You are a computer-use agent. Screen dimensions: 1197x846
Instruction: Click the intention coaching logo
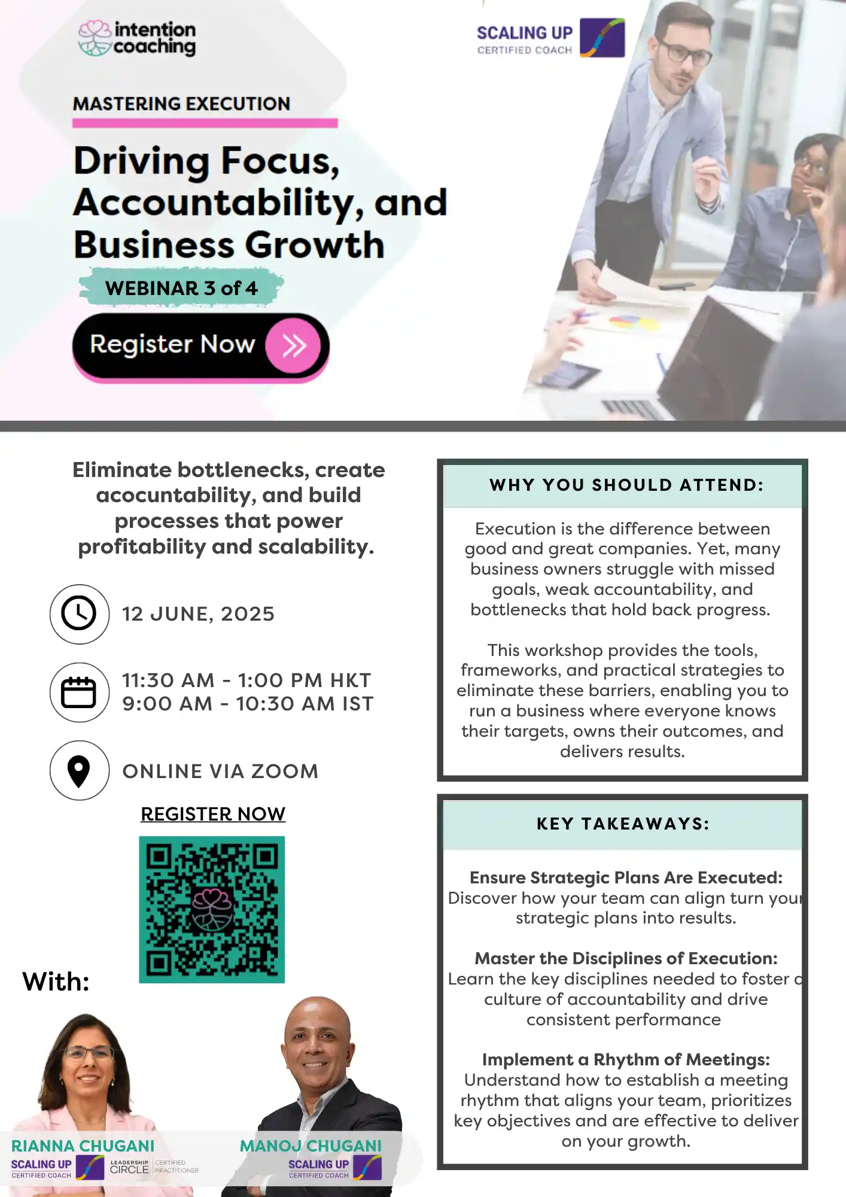137,39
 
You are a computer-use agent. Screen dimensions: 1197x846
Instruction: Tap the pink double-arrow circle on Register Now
293,345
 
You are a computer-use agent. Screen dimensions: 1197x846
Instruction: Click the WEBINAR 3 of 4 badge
181,288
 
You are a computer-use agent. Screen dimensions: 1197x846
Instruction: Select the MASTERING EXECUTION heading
181,104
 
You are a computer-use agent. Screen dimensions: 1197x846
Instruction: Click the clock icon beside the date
79,614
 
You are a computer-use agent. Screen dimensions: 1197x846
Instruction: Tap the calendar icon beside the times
79,692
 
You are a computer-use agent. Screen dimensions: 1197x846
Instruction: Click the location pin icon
79,771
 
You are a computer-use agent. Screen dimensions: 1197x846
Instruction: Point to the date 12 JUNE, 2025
198,614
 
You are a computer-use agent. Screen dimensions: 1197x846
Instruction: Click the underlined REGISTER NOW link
213,814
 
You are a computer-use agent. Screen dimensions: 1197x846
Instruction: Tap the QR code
212,909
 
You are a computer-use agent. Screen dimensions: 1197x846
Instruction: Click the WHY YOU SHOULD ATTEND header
626,485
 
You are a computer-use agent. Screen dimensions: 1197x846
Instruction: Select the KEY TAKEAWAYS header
623,824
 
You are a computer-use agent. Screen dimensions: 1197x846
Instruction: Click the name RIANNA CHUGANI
83,1146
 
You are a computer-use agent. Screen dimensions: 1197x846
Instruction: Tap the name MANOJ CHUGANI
311,1146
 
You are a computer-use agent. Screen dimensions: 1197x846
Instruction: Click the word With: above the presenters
56,982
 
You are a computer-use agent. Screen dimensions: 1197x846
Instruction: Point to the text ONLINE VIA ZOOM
220,771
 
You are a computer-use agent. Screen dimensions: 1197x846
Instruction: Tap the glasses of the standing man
683,51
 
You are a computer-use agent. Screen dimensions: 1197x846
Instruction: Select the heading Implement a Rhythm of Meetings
626,1059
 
